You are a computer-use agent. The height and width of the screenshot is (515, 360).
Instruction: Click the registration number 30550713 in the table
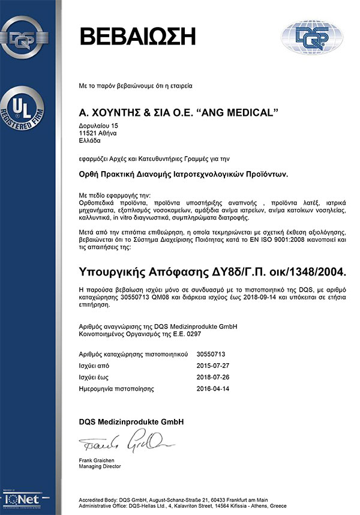click(x=211, y=354)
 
